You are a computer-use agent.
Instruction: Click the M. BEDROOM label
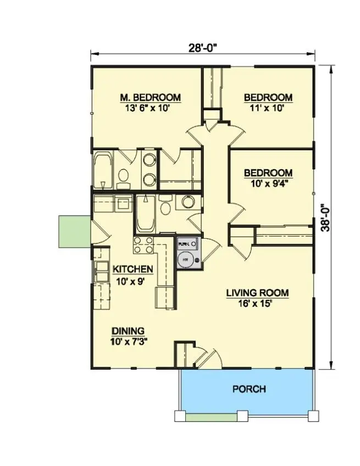pos(150,98)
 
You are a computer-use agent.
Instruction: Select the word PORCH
pos(249,389)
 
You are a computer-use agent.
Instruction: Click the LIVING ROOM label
pos(257,293)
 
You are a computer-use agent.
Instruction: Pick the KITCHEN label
pos(132,269)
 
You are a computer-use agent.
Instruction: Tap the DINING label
pos(128,331)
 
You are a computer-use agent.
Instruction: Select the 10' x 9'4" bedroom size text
pos(268,183)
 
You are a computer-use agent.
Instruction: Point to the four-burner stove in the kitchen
pos(144,245)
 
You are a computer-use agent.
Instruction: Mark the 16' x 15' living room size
pos(257,303)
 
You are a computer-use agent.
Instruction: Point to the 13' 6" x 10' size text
pos(150,108)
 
